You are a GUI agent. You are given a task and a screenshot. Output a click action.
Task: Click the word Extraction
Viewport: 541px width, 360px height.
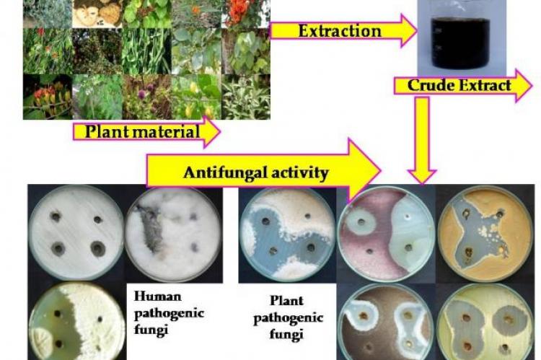[340, 31]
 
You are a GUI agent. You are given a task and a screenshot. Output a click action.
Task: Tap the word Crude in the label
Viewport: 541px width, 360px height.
[428, 85]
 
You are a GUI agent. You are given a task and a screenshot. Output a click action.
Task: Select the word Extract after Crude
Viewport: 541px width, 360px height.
[481, 85]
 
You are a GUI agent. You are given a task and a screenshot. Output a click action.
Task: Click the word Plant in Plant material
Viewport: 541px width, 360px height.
[107, 131]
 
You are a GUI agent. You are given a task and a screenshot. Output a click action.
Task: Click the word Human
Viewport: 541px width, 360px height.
[157, 296]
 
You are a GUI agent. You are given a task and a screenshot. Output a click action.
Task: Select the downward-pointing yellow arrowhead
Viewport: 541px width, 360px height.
[422, 176]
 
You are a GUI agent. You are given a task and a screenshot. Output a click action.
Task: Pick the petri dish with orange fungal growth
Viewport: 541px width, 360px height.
[485, 233]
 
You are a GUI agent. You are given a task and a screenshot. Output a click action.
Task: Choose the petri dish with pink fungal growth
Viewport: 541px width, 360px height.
[387, 233]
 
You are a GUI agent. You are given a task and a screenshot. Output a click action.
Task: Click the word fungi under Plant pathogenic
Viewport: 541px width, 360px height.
[286, 334]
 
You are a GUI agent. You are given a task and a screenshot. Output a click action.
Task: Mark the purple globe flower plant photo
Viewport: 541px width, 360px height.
[146, 97]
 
